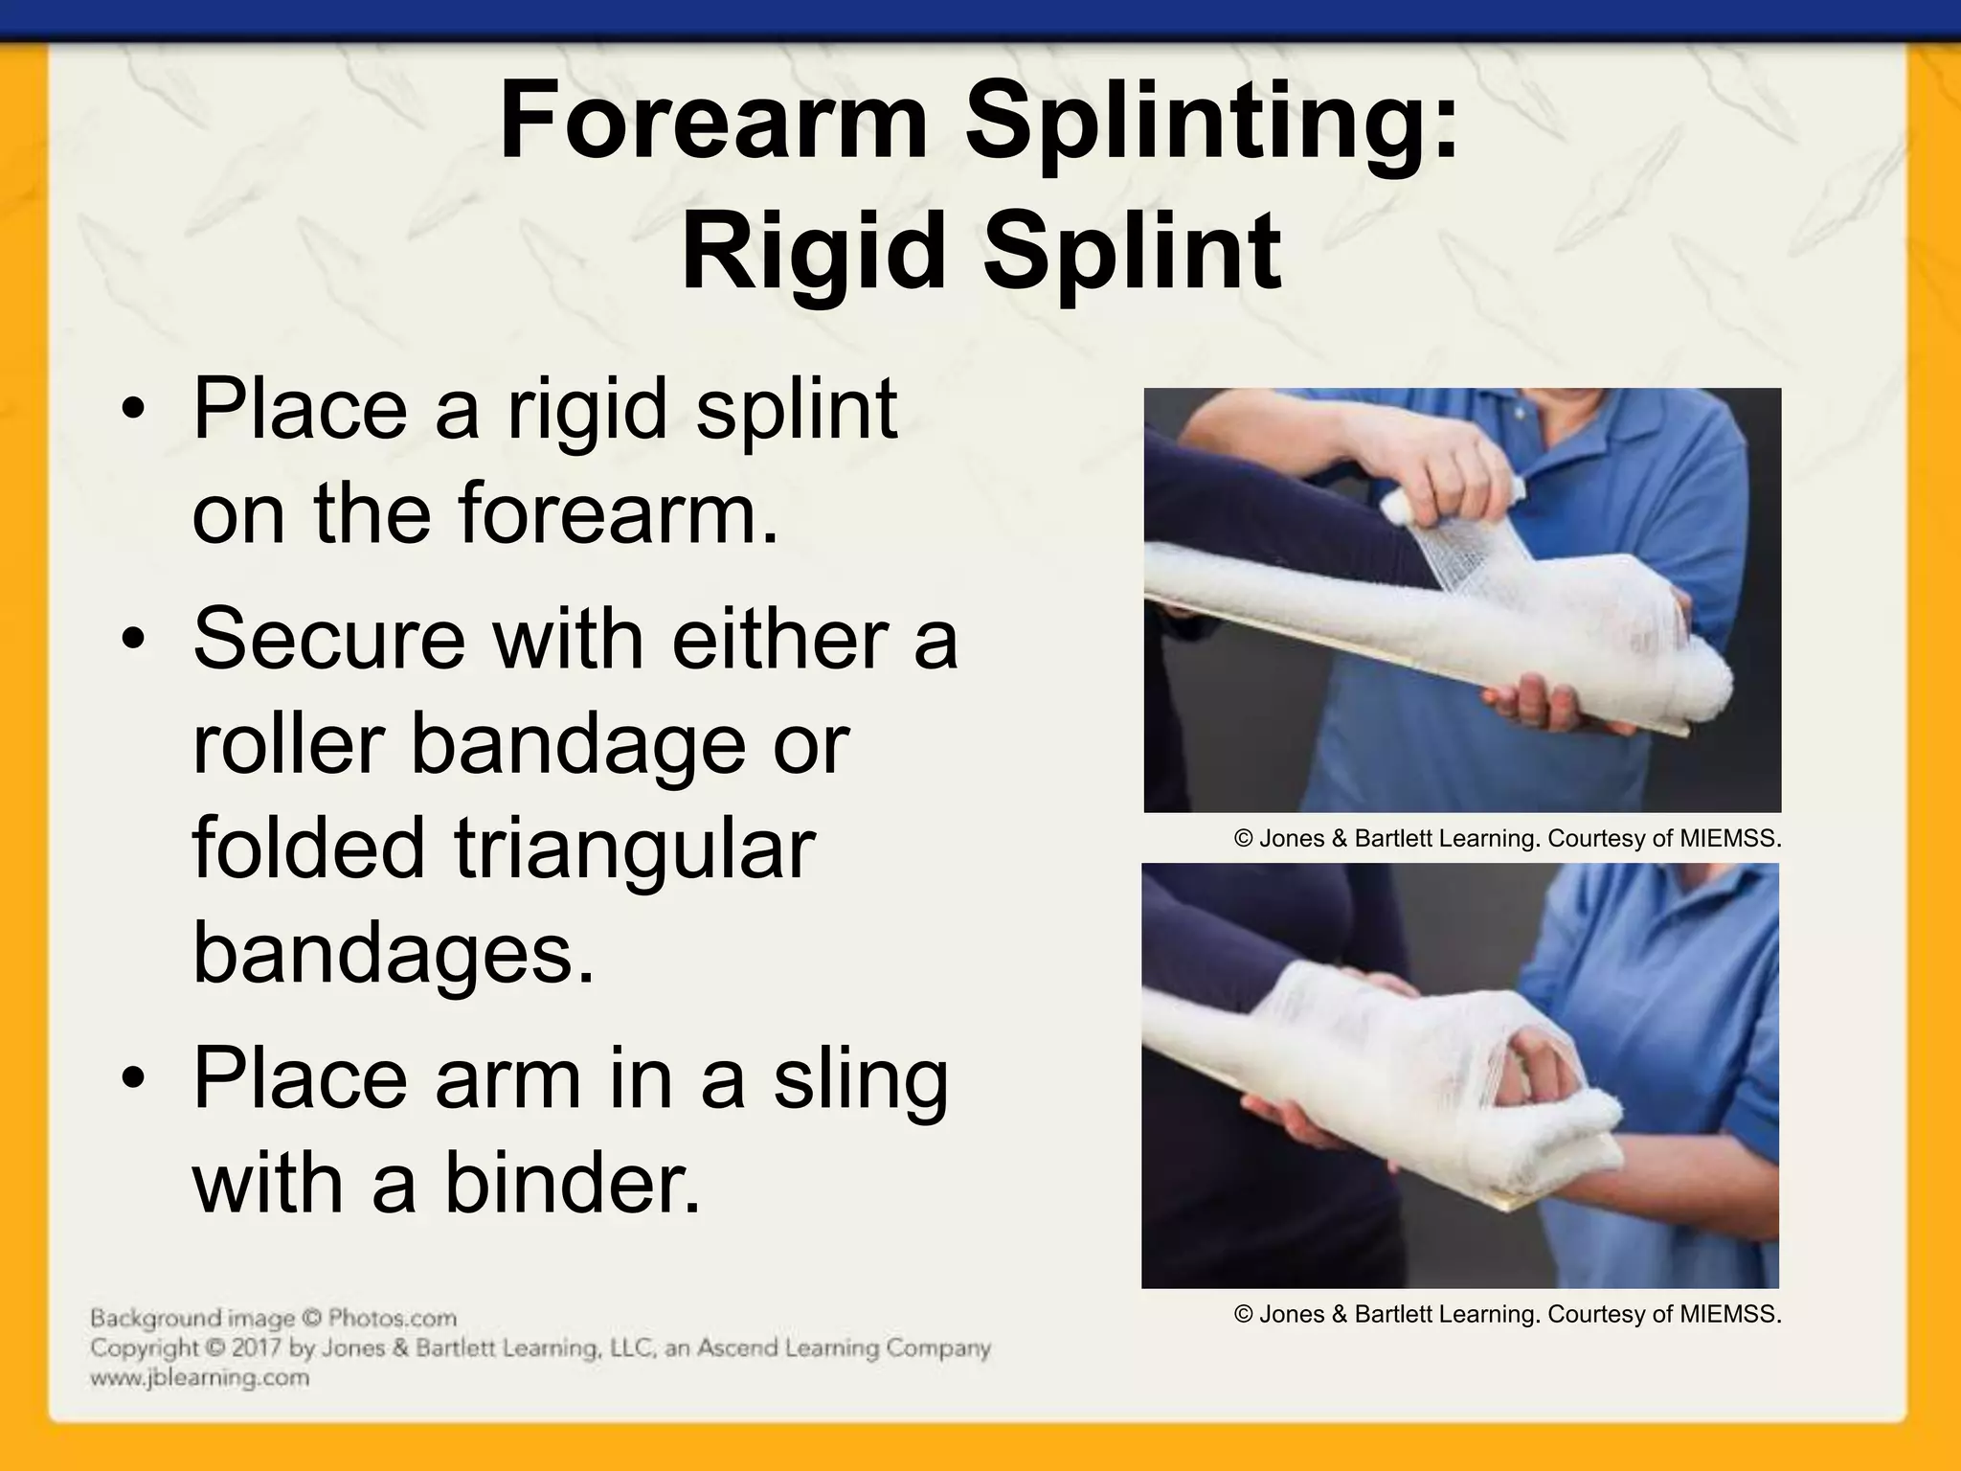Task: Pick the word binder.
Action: pyautogui.click(x=572, y=1185)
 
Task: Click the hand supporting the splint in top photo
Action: pyautogui.click(x=1532, y=707)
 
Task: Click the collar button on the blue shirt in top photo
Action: pyautogui.click(x=1519, y=413)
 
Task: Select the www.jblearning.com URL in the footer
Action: pyautogui.click(x=199, y=1378)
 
